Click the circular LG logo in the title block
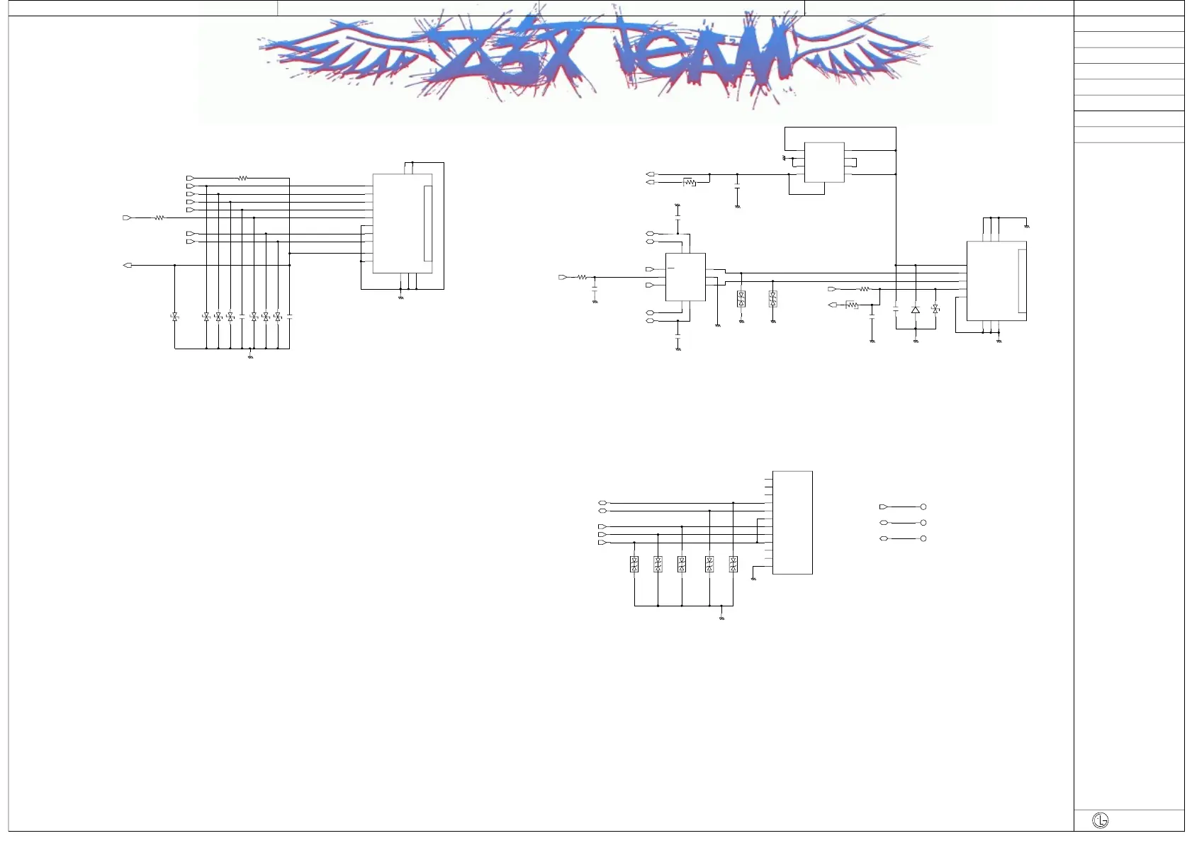1101,820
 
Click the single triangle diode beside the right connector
916,310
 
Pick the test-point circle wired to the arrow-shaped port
923,507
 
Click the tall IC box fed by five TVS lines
792,522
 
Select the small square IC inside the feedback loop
824,162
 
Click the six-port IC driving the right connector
685,277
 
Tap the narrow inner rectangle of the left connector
427,223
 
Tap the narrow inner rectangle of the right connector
1022,281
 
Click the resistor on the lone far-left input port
159,218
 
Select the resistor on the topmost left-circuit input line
243,179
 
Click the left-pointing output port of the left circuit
128,266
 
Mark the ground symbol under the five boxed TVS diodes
721,618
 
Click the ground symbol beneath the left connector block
401,298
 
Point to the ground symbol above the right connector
1027,226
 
